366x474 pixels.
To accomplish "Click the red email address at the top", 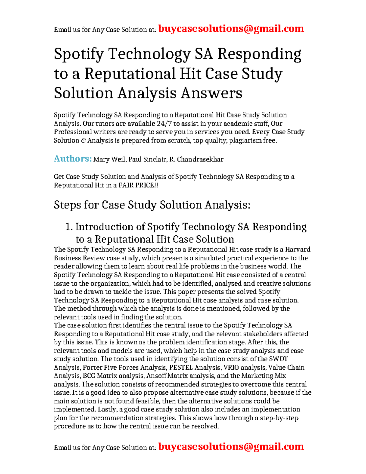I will [x=231, y=29].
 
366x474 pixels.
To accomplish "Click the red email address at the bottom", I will [x=231, y=447].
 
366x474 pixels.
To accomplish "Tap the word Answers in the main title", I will [x=211, y=93].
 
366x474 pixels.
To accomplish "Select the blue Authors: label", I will [x=73, y=159].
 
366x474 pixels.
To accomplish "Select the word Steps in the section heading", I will [x=67, y=205].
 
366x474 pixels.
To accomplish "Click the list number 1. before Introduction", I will [x=69, y=227].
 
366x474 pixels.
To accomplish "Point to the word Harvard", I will [x=298, y=249].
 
